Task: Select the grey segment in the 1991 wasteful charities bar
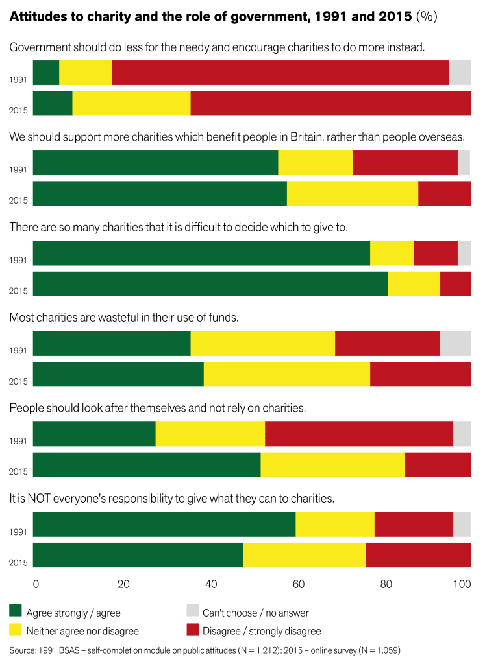pos(455,343)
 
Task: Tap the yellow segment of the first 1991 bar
pos(85,72)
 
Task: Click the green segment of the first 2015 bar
pos(52,103)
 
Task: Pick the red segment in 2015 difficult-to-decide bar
pos(455,283)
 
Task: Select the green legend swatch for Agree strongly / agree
pos(16,611)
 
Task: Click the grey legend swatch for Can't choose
pos(193,611)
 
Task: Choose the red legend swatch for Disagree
pos(193,630)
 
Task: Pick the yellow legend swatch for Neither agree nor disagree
pos(16,630)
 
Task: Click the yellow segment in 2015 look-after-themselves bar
pos(332,464)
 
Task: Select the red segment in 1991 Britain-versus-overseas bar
pos(405,163)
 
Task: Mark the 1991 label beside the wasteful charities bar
pos(18,351)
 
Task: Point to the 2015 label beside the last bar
pos(18,562)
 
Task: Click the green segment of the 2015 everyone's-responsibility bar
pos(138,554)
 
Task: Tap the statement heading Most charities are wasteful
pos(124,318)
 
